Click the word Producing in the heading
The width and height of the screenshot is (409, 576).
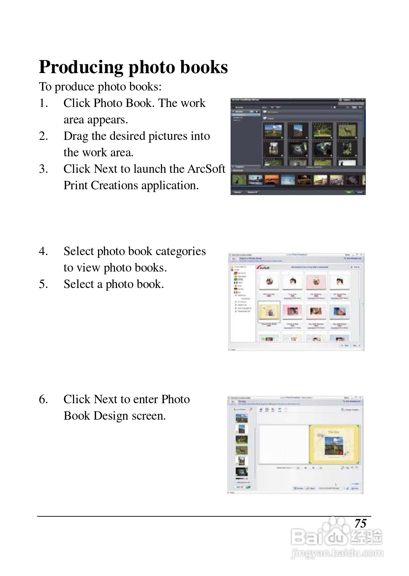(x=81, y=67)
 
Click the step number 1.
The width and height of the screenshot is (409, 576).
(x=43, y=103)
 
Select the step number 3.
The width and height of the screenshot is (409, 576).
(x=43, y=169)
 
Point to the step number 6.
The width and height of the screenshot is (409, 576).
(x=43, y=399)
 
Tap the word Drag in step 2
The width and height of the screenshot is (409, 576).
(x=75, y=136)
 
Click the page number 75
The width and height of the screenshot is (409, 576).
(x=360, y=524)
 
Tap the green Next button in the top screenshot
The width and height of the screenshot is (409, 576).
(x=349, y=192)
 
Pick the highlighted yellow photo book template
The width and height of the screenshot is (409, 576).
(x=269, y=312)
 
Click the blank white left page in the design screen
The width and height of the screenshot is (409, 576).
(x=283, y=444)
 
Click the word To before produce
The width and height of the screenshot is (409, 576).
(x=45, y=87)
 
